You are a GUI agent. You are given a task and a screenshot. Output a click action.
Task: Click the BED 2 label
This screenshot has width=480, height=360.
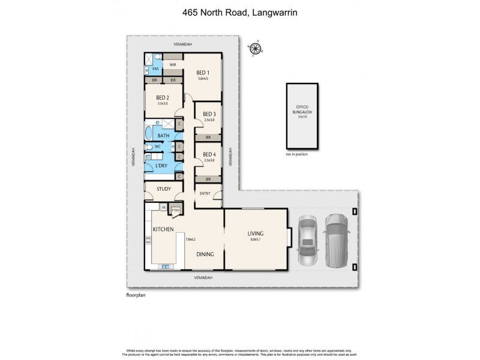pyautogui.click(x=162, y=98)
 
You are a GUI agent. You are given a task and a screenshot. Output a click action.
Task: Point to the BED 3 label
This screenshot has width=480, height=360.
pyautogui.click(x=208, y=114)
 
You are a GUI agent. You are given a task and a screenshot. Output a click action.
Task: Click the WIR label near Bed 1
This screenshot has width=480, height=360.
pyautogui.click(x=172, y=64)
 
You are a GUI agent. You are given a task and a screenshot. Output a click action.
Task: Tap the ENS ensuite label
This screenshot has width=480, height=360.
pyautogui.click(x=155, y=69)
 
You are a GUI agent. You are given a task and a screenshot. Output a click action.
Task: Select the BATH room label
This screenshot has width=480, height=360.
pyautogui.click(x=163, y=136)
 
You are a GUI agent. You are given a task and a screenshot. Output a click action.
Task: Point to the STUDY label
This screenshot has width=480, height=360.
pyautogui.click(x=163, y=189)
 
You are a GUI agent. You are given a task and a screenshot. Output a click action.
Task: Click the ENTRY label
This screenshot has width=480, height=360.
pyautogui.click(x=205, y=193)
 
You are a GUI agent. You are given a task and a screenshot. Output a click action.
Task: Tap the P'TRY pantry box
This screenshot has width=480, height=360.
pyautogui.click(x=175, y=211)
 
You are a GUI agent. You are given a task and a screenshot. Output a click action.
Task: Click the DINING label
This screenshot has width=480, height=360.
pyautogui.click(x=206, y=254)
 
